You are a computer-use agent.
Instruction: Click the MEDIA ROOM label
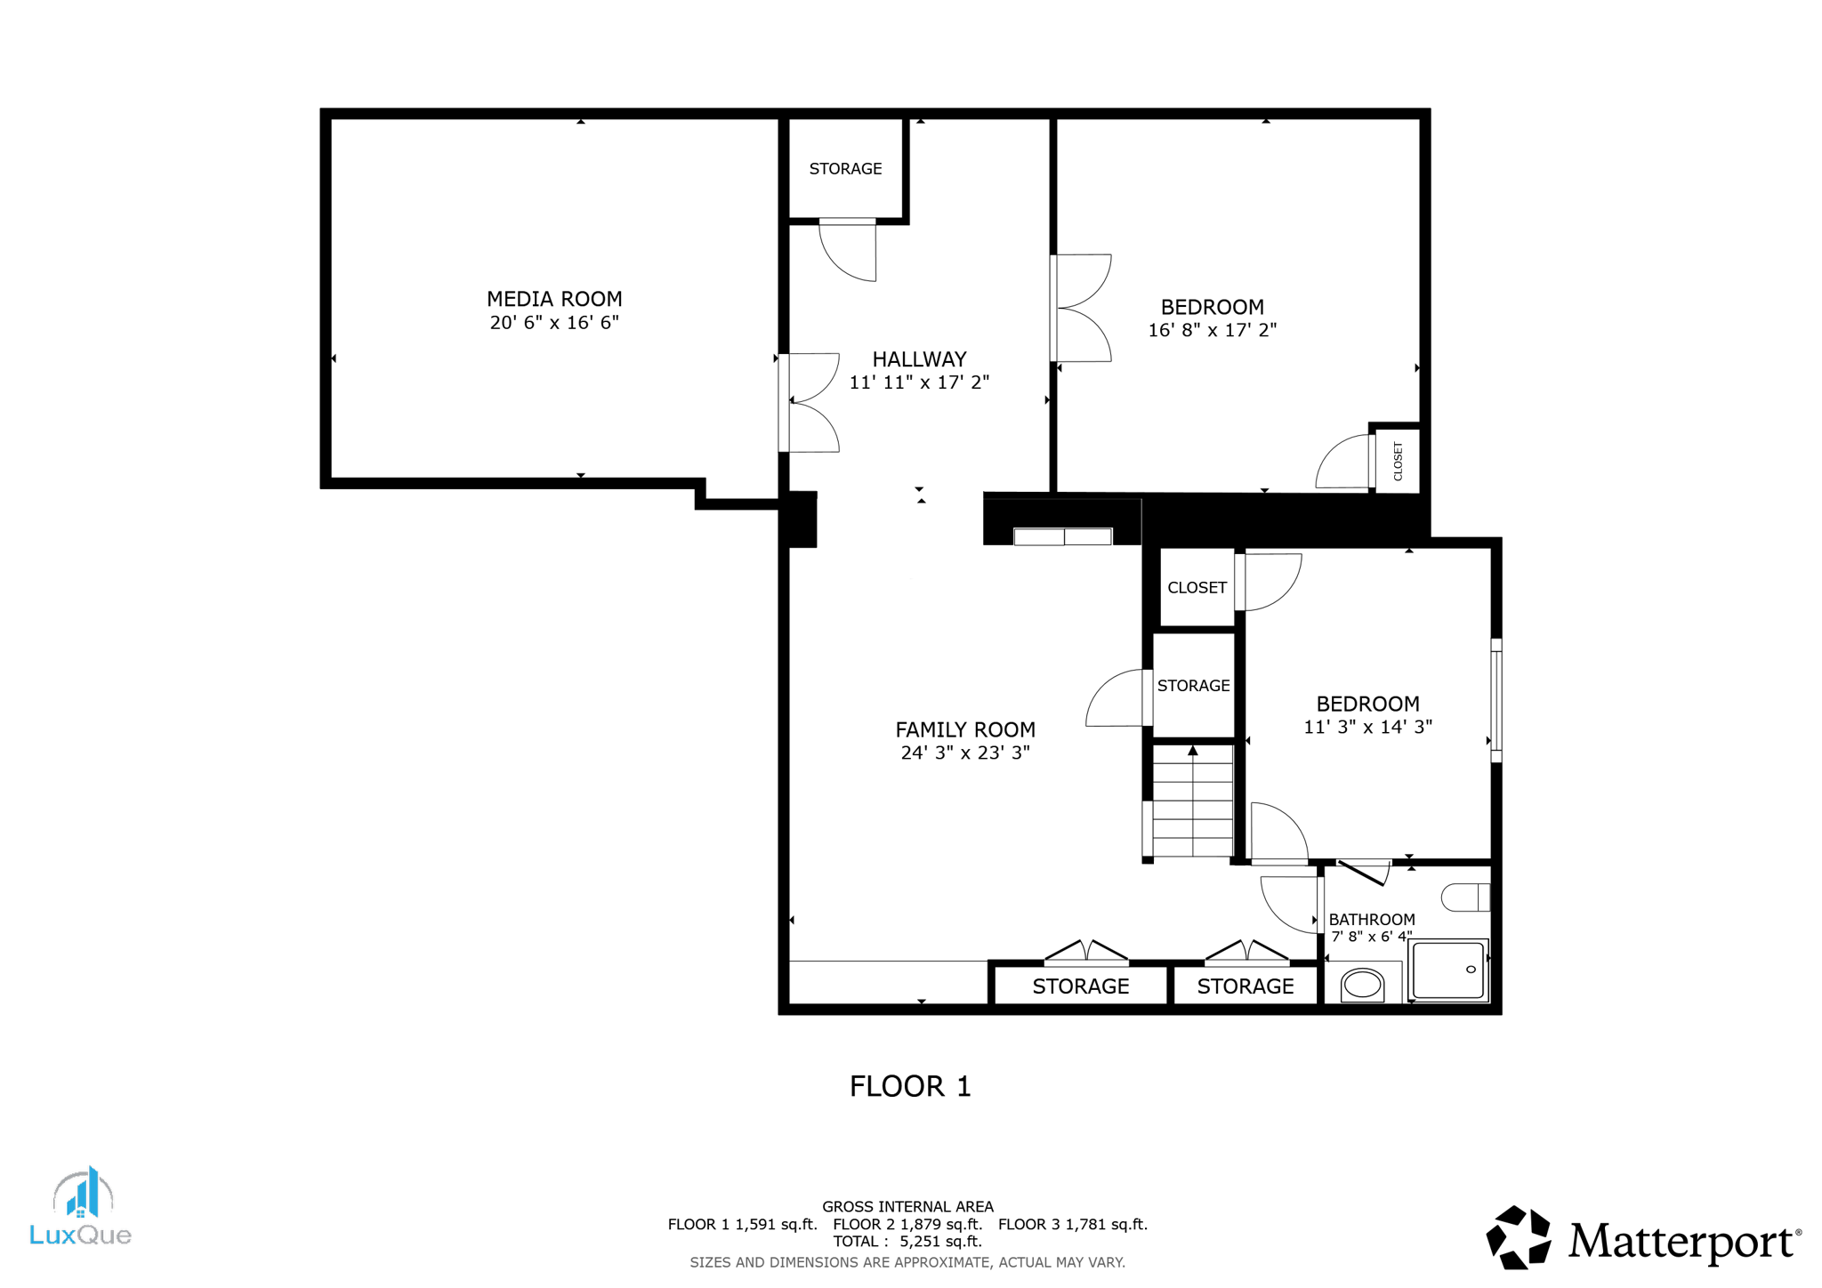pos(553,299)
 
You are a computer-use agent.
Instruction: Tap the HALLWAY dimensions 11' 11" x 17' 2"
pos(919,382)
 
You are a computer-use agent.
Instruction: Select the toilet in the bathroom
pos(1464,897)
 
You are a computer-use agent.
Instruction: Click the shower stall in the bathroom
pos(1447,970)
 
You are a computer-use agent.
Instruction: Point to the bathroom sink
pos(1362,985)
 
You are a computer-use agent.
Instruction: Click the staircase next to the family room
pos(1192,801)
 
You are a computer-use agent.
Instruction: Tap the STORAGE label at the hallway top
pos(845,169)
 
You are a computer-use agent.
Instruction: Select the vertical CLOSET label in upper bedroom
pos(1398,461)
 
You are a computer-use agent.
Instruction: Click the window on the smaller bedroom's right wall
pos(1496,701)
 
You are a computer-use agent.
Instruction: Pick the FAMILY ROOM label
pos(965,729)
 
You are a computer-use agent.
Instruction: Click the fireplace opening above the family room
pos(1063,536)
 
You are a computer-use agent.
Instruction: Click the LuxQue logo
pos(81,1208)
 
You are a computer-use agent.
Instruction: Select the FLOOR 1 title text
pos(910,1086)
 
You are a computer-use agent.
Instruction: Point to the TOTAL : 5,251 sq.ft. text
pos(907,1241)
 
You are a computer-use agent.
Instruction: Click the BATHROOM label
pos(1371,920)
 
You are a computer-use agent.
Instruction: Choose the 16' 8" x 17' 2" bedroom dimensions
pos(1212,330)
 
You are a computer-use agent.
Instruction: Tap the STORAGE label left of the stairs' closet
pos(1193,686)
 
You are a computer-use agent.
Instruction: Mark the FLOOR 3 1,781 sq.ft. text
pos(1072,1224)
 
